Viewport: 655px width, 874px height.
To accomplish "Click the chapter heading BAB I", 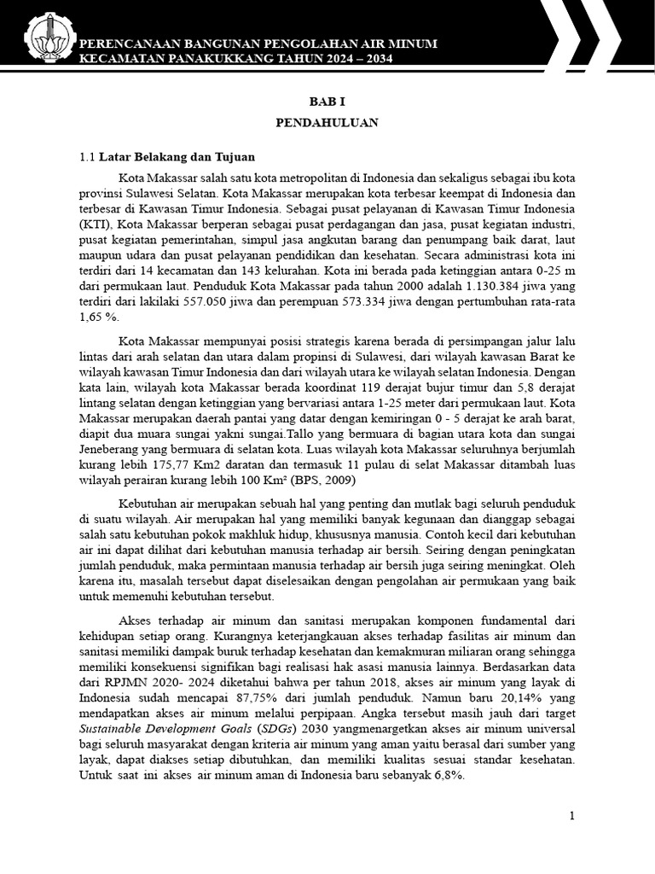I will (x=327, y=100).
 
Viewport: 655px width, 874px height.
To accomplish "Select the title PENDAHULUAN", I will (x=327, y=123).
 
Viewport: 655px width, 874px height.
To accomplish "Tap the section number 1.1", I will (x=87, y=157).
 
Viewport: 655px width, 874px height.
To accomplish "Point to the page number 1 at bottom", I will (x=572, y=816).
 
